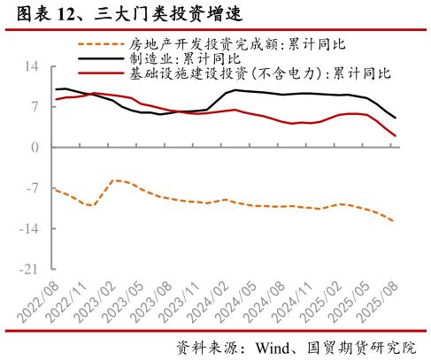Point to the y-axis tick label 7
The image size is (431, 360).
pyautogui.click(x=35, y=108)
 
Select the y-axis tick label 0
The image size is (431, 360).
pyautogui.click(x=35, y=149)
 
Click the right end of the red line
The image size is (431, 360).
pyautogui.click(x=395, y=136)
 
